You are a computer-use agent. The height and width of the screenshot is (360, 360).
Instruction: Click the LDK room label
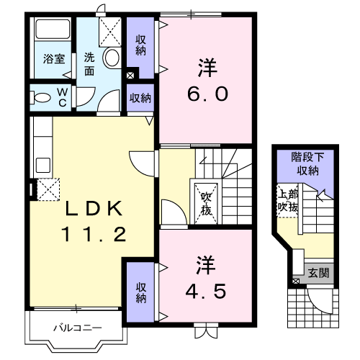(x=94, y=208)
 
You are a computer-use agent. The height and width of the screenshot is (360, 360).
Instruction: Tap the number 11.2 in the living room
(x=94, y=234)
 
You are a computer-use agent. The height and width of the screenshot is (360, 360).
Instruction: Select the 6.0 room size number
(x=207, y=94)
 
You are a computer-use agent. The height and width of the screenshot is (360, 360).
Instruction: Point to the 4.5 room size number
(x=206, y=291)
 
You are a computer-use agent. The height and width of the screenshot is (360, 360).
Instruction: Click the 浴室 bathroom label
(x=54, y=59)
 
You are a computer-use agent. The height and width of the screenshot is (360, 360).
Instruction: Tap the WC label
(x=63, y=97)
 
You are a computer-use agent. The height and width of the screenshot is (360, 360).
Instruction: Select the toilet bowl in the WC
(x=40, y=97)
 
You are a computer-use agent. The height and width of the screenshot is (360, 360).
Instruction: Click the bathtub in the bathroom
(x=53, y=29)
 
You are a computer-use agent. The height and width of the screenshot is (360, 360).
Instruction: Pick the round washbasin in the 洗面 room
(x=111, y=58)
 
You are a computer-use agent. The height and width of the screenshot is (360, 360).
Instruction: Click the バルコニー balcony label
(x=78, y=328)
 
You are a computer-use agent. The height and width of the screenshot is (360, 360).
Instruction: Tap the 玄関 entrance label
(x=318, y=272)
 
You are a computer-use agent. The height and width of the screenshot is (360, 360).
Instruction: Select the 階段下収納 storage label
(x=307, y=163)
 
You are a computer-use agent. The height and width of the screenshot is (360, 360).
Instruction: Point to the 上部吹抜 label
(x=287, y=201)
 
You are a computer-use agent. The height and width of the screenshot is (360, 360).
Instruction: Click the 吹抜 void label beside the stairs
(x=206, y=204)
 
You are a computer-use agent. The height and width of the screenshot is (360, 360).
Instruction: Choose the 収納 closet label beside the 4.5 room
(x=141, y=292)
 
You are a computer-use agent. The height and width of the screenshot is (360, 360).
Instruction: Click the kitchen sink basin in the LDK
(x=43, y=165)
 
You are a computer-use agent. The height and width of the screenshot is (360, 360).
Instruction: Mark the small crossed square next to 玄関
(x=296, y=281)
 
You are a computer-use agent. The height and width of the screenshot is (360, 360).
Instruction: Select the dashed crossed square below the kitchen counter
(x=48, y=189)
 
